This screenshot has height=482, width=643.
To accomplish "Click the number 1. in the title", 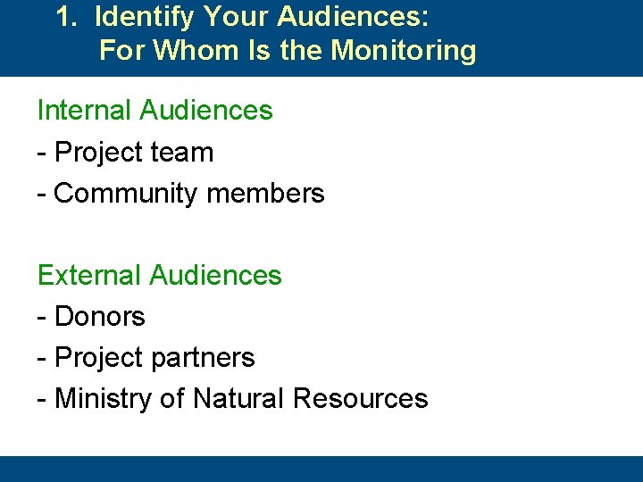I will coord(66,16).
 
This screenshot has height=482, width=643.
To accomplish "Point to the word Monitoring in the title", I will coord(404,50).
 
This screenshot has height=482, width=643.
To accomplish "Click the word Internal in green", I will coord(85,111).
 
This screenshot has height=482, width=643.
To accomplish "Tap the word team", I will coord(182,153).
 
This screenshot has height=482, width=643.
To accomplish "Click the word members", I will coord(271,194).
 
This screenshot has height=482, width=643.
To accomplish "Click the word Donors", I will coord(100,317).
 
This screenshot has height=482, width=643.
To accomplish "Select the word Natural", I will coord(234,399).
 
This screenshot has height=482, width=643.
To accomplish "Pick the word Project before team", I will coord(97,153).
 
